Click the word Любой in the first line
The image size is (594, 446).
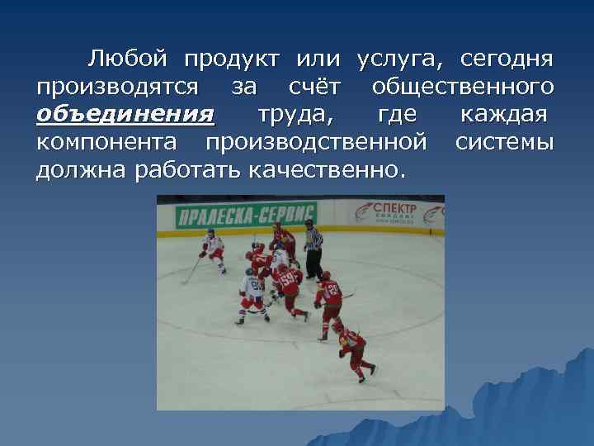[128, 59]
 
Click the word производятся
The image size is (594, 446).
[116, 87]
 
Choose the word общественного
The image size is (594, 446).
[462, 87]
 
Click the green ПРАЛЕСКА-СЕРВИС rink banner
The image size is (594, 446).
[234, 216]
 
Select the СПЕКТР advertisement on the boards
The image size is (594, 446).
[394, 211]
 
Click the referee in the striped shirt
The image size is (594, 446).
[313, 247]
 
